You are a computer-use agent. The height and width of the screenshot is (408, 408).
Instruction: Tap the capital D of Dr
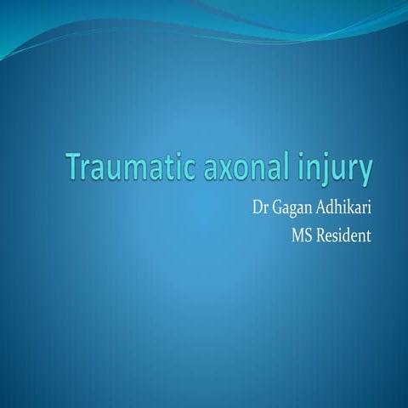(252, 207)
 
